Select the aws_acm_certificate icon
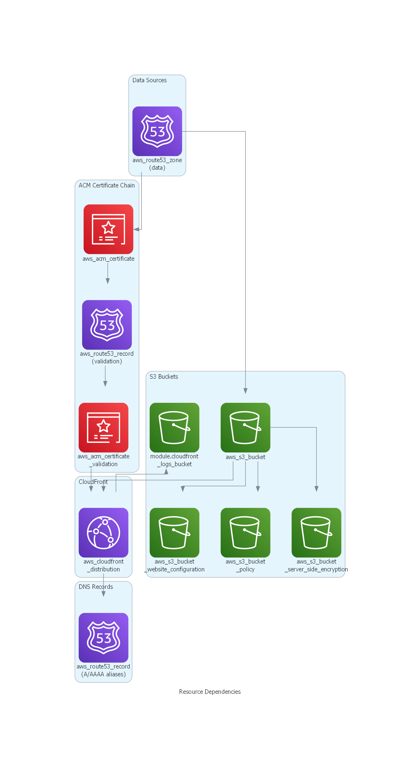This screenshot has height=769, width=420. [x=108, y=229]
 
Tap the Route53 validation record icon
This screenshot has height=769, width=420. [x=107, y=325]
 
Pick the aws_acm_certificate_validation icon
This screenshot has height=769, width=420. [x=103, y=427]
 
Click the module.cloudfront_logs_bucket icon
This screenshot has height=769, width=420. [x=174, y=427]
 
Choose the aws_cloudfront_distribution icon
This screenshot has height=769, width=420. [x=103, y=532]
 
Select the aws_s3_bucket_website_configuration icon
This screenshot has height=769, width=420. [x=174, y=532]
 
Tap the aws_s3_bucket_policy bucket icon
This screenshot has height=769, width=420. [x=245, y=532]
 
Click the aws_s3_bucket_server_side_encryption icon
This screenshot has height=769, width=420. [x=316, y=532]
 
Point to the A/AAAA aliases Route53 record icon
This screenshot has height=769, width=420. [x=103, y=637]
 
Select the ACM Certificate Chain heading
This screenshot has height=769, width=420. [x=107, y=185]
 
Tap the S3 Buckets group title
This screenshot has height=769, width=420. [x=164, y=376]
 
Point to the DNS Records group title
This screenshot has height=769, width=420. [x=96, y=587]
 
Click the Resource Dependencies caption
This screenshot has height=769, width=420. [x=210, y=692]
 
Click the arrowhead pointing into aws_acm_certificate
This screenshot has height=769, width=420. [x=136, y=229]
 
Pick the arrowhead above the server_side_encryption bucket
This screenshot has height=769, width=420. [x=316, y=489]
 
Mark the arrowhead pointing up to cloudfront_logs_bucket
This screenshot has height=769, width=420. [x=166, y=471]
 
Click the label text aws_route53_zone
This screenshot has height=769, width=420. [x=157, y=160]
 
